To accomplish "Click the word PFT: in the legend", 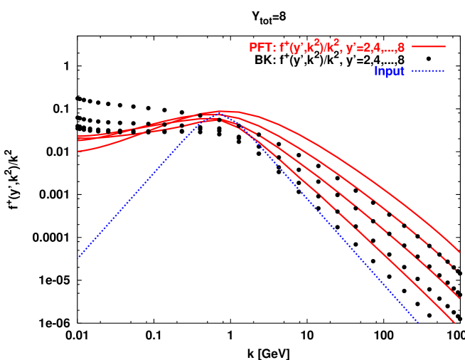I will coord(262,48).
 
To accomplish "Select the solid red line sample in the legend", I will coord(428,47).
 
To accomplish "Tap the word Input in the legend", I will coord(389,71).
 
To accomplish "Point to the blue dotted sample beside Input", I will coord(428,70).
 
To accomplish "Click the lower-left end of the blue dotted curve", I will coord(78,257).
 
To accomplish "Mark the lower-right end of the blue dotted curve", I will coord(418,322).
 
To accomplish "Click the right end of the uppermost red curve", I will coord(460,252).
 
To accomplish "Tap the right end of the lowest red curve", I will coord(455,324).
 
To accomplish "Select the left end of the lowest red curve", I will coord(78,151).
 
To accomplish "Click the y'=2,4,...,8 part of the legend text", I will coord(375,48).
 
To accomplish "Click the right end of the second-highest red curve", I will coord(456,270).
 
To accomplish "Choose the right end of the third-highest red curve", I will coord(456,299).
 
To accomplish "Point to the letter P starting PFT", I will coord(252,48).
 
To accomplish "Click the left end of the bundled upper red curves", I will coord(78,137).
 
